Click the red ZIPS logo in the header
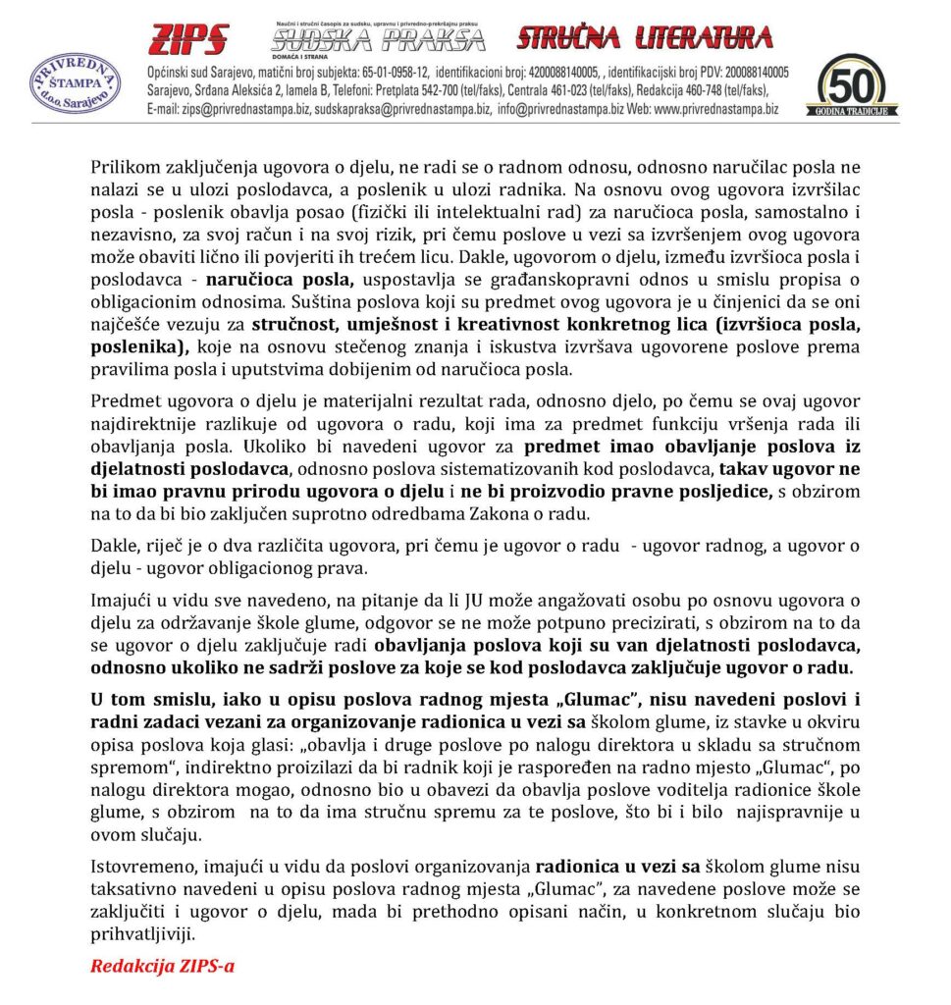pyautogui.click(x=188, y=39)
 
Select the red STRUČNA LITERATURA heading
pyautogui.click(x=644, y=38)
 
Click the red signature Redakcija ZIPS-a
pyautogui.click(x=162, y=965)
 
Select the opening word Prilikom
pyautogui.click(x=124, y=167)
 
